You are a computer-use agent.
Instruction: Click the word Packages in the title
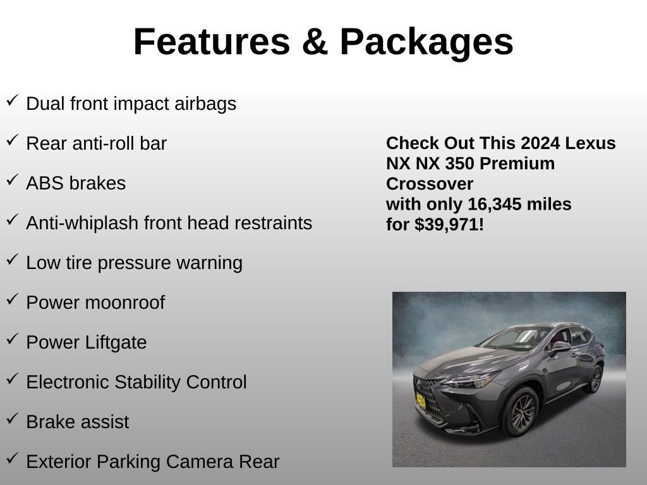click(x=426, y=43)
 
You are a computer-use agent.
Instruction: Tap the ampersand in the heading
click(x=315, y=42)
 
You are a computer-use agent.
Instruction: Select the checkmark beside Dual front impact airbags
click(x=12, y=100)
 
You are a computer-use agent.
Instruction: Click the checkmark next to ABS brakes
click(x=12, y=179)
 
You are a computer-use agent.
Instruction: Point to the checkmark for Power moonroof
click(x=12, y=299)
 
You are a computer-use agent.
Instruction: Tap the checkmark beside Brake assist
click(x=12, y=418)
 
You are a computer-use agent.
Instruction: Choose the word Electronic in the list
click(x=68, y=382)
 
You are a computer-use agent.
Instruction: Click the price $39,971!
click(x=449, y=224)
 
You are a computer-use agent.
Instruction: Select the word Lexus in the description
click(x=590, y=143)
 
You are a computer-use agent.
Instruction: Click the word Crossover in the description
click(x=430, y=184)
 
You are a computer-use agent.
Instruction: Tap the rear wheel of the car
click(x=595, y=379)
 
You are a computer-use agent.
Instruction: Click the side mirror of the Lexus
click(x=560, y=347)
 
